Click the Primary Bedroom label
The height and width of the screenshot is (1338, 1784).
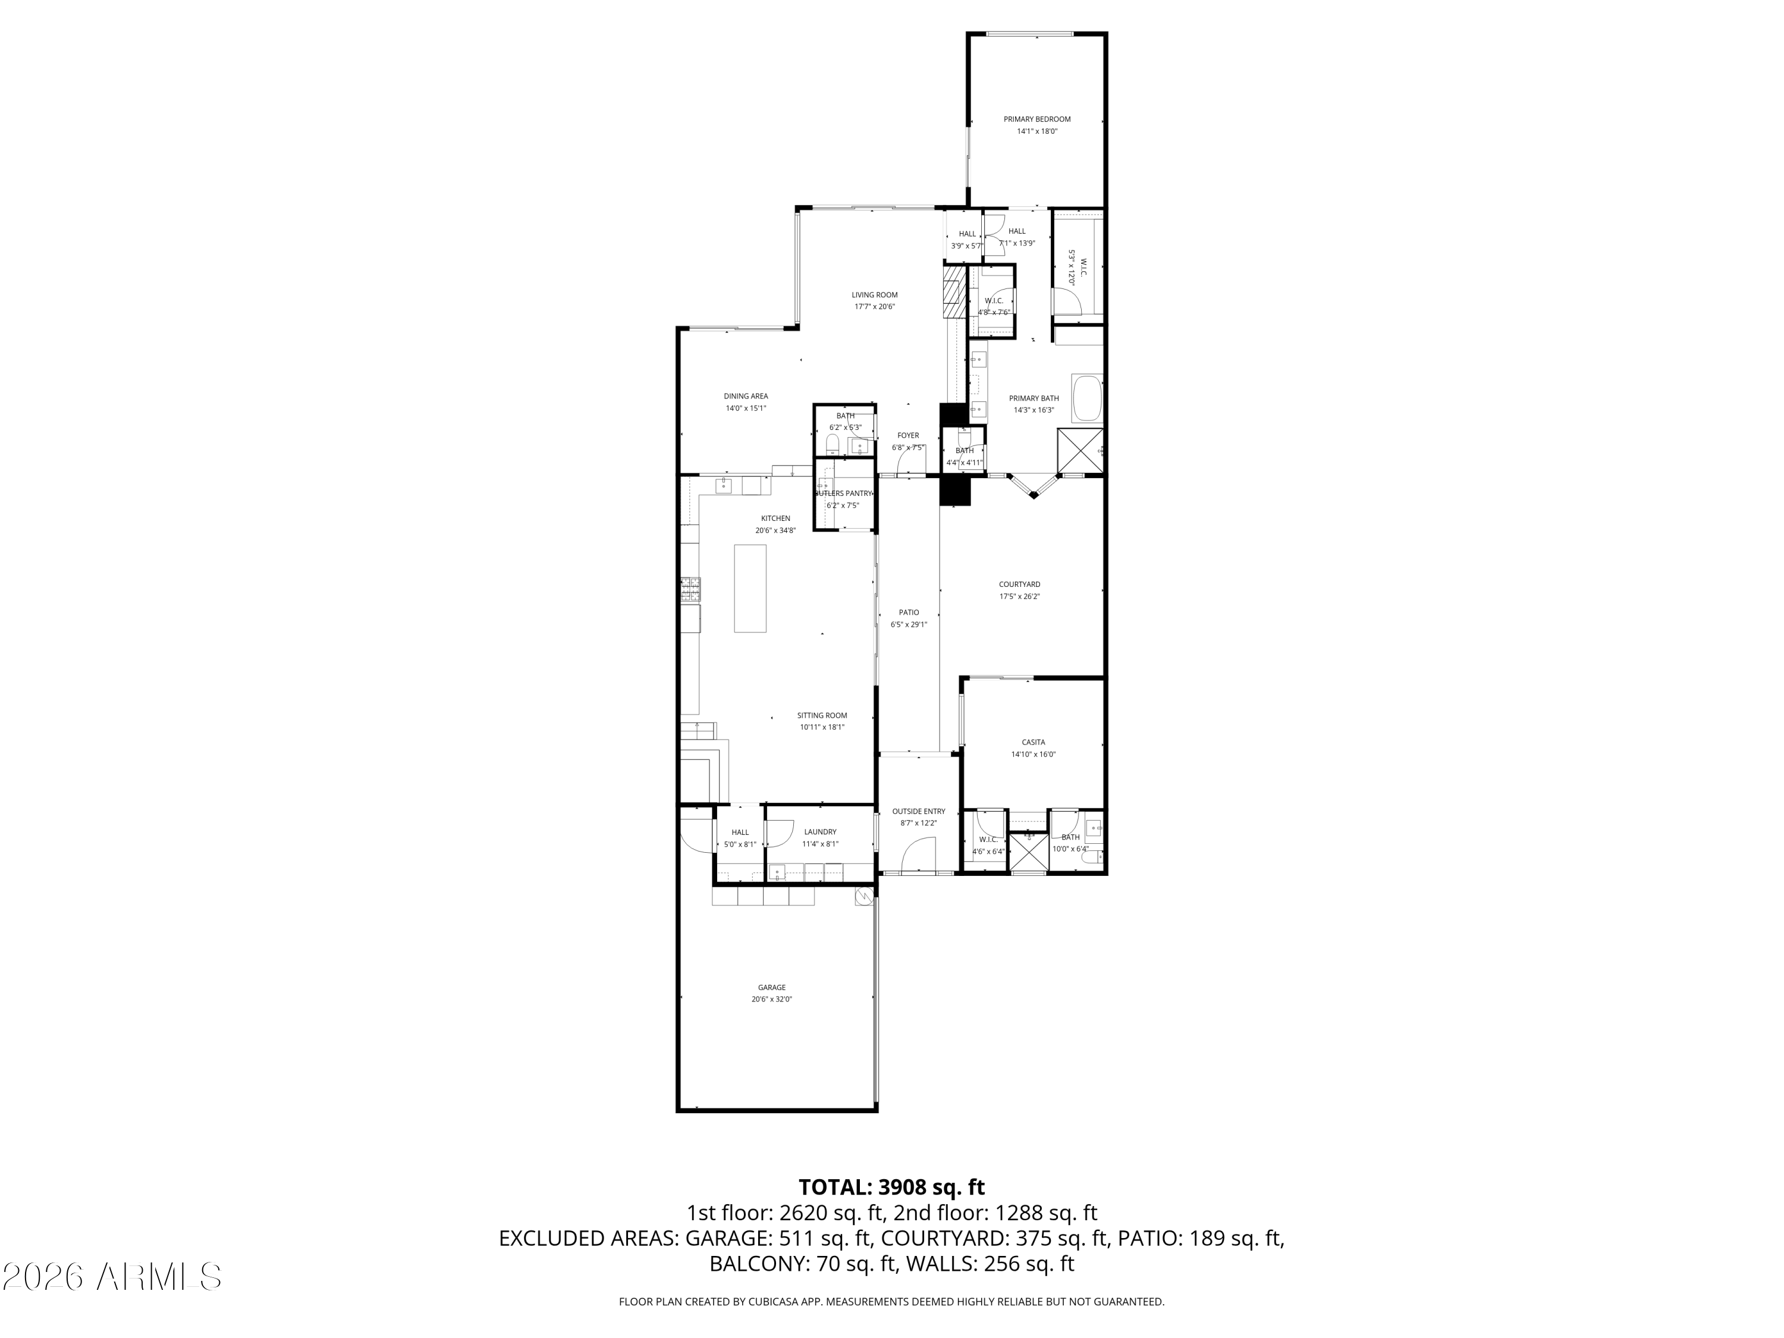click(x=1037, y=120)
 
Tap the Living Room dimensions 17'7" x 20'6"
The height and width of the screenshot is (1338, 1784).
click(x=874, y=306)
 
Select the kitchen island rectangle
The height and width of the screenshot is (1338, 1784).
click(x=750, y=588)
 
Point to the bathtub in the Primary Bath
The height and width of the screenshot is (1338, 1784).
click(x=1086, y=398)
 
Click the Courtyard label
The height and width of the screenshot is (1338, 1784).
click(x=1019, y=584)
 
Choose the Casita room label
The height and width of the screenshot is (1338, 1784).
click(x=1033, y=742)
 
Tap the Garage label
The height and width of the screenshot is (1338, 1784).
click(x=771, y=987)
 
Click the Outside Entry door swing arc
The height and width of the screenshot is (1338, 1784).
click(x=917, y=853)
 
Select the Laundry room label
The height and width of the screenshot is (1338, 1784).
click(x=819, y=831)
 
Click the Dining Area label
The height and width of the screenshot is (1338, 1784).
click(x=745, y=396)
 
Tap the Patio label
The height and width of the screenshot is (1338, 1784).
click(x=909, y=612)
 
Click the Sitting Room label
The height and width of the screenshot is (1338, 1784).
click(x=822, y=715)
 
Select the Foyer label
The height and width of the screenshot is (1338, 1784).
click(x=908, y=435)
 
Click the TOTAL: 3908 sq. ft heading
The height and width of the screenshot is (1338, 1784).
click(x=891, y=1187)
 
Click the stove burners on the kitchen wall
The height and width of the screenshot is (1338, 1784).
click(x=690, y=589)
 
